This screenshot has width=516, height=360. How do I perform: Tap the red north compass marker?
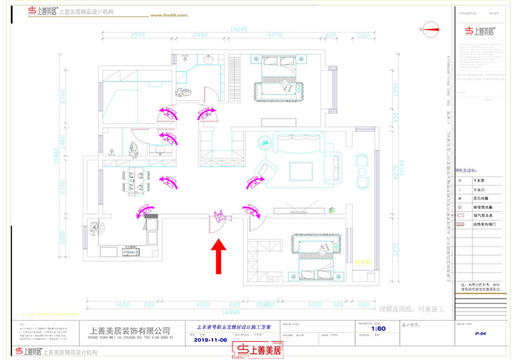click(x=430, y=28)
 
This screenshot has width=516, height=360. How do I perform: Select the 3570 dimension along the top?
click(x=137, y=35)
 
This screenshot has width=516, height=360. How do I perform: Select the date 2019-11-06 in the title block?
click(x=212, y=340)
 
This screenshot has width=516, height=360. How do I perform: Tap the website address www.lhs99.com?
click(x=172, y=15)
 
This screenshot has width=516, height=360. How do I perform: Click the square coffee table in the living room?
click(x=303, y=170)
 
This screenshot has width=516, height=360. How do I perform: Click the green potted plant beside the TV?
click(x=332, y=210)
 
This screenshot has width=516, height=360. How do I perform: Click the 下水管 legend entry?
click(x=479, y=183)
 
